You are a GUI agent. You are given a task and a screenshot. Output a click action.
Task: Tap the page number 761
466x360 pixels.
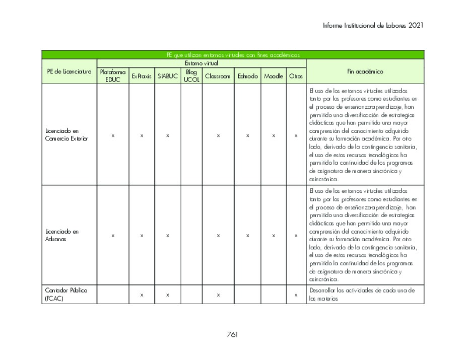tap(232, 334)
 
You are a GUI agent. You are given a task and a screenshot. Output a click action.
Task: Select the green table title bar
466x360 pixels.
tap(233, 55)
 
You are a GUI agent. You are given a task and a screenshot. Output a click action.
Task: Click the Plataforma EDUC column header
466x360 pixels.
tap(113, 76)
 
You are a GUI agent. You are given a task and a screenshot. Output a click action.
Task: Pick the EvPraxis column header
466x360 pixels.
tap(142, 76)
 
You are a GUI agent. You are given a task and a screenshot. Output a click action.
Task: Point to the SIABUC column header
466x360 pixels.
tap(167, 76)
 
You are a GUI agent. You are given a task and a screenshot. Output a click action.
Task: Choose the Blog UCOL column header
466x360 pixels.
tap(191, 76)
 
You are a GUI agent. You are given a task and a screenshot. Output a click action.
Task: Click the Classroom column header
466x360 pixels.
tap(218, 76)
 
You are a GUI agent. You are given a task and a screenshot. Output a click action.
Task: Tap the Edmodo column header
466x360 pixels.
tap(247, 76)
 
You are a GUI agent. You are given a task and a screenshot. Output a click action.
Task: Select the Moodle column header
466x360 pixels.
tap(273, 76)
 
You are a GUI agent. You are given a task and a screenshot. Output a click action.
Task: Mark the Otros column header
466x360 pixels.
tap(296, 76)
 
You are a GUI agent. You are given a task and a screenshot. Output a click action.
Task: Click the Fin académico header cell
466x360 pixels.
tap(365, 71)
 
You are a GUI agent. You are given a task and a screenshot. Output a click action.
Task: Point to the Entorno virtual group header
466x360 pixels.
tap(201, 63)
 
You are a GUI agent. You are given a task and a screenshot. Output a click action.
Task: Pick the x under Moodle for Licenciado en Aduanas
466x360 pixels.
tap(273, 235)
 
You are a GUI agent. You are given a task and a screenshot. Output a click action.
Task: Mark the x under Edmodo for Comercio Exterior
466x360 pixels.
tap(247, 135)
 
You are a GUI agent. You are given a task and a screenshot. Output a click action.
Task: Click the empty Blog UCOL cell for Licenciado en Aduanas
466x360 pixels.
tap(191, 235)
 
